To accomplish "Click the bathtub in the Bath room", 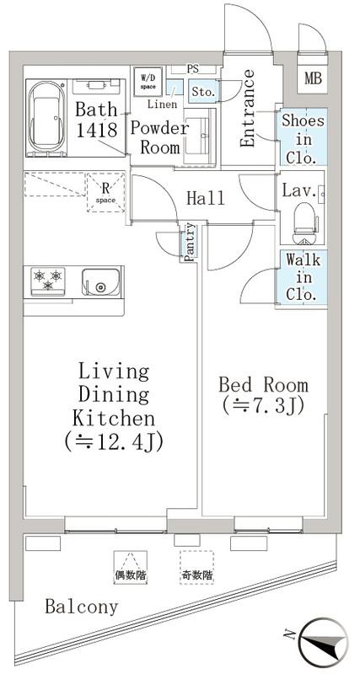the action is coord(46,117).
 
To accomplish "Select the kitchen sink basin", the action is coord(100,282).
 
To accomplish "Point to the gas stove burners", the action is coord(48,280).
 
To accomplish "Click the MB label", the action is coord(313,78).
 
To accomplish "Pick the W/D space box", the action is coord(147,81).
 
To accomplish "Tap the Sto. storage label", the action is coord(201,92).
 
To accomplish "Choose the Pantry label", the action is coord(190,242).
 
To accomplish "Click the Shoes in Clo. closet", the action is coord(303,137).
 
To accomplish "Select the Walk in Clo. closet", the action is coord(303,277).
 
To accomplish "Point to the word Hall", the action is coord(206,198).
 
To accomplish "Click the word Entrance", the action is coord(247,109).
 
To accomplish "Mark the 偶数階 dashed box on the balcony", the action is coord(131,567).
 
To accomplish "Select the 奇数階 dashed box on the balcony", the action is coord(196,567).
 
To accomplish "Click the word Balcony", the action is coord(82,607).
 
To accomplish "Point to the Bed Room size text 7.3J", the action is coord(264,406).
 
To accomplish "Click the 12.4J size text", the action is coord(114,441).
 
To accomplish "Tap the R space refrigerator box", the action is coord(105,192).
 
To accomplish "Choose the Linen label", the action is coord(162,104).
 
